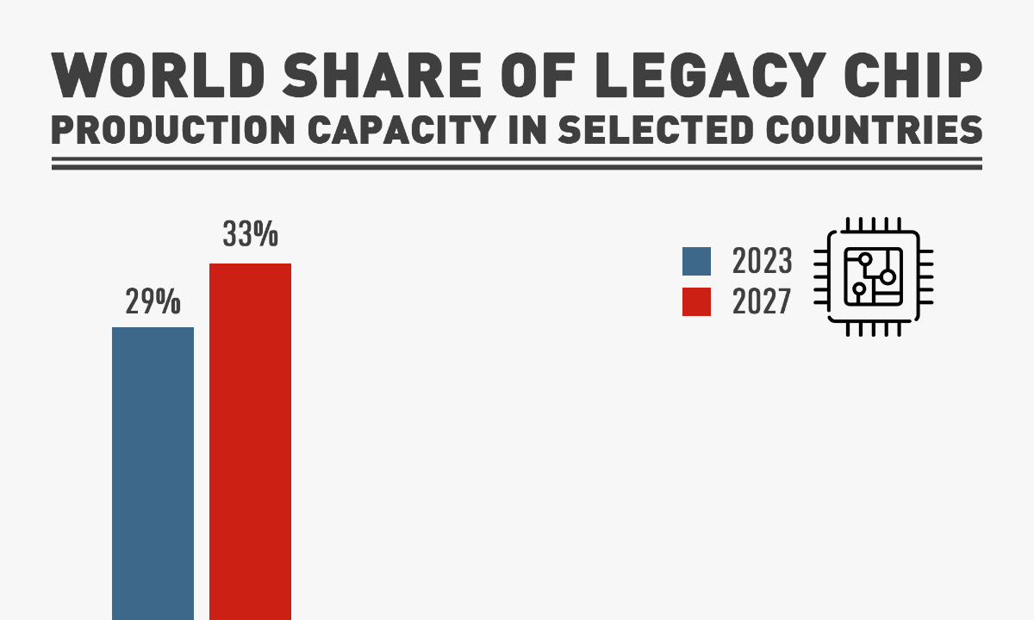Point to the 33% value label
[x=250, y=234]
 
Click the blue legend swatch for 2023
[x=696, y=262]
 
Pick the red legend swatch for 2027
[x=696, y=301]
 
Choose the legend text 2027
[x=762, y=302]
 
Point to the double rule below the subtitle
[x=517, y=164]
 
